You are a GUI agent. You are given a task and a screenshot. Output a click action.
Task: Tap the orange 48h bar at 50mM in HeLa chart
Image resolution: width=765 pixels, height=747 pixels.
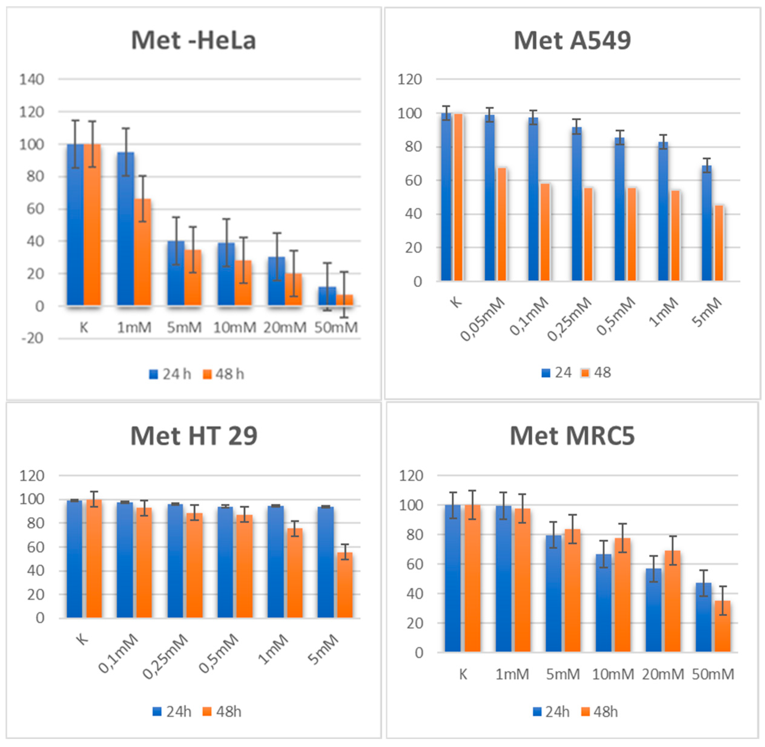tap(344, 300)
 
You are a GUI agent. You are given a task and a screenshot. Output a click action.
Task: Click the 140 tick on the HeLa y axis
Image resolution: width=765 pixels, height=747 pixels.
tap(32, 80)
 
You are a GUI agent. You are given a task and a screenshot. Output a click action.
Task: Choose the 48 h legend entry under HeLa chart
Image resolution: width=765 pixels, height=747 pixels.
tap(223, 374)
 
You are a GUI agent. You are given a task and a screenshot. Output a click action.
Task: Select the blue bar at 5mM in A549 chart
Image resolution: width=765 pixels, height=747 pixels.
tap(706, 224)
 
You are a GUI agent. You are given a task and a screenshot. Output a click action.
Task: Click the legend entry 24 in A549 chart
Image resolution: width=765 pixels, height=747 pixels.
tap(556, 373)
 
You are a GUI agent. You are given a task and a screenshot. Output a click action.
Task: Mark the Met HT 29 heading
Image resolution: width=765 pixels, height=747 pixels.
tap(194, 436)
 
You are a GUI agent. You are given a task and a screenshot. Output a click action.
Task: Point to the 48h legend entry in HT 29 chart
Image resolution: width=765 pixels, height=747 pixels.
tap(222, 712)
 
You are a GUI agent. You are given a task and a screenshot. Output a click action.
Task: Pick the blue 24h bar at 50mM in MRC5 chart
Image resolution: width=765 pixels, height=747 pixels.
tap(704, 618)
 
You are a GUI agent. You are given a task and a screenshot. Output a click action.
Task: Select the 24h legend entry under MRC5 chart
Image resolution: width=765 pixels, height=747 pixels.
tap(551, 712)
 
